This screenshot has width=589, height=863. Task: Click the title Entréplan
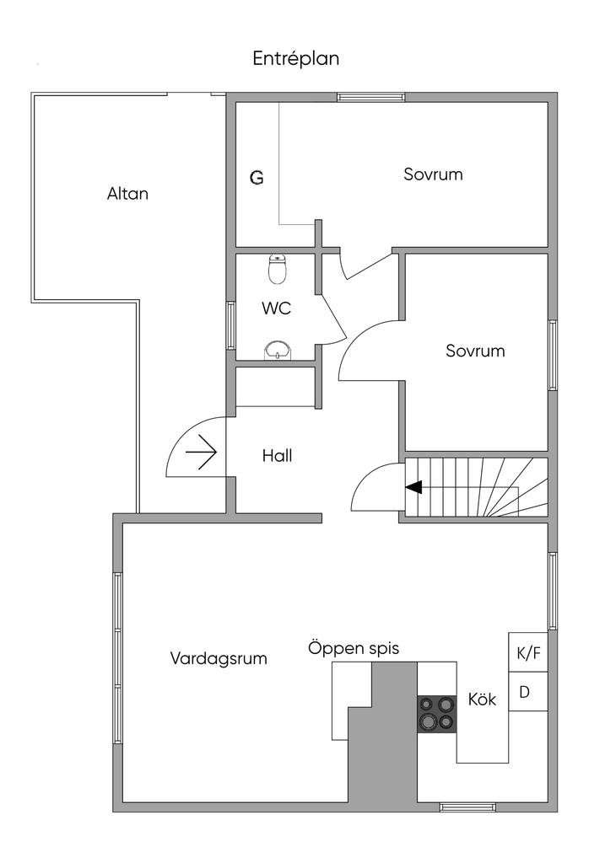pos(295,59)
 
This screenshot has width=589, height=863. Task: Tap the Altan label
pos(127,193)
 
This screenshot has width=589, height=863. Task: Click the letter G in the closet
pos(257,178)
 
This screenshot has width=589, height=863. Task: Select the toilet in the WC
pos(278,269)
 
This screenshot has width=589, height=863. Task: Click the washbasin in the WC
pos(277,349)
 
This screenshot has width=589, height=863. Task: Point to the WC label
pos(276,308)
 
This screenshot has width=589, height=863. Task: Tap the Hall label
pos(277,456)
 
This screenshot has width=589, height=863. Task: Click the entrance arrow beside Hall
pos(202,455)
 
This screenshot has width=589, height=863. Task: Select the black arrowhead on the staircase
pos(413,487)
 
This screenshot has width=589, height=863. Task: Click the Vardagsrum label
pos(219,658)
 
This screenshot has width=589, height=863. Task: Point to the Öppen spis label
pos(353,649)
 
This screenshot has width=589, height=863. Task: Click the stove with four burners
pos(437,713)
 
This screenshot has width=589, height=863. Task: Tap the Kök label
pos(482,700)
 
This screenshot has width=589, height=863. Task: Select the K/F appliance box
pos(527,652)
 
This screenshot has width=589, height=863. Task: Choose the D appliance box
pos(525,692)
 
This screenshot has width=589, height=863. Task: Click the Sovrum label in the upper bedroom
pos(433,174)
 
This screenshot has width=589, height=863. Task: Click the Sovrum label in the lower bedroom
pos(475,351)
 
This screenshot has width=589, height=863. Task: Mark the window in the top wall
pos(371,97)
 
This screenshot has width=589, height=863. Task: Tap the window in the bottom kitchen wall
pos(467,807)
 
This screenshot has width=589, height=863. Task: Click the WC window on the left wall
pos(230,324)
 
